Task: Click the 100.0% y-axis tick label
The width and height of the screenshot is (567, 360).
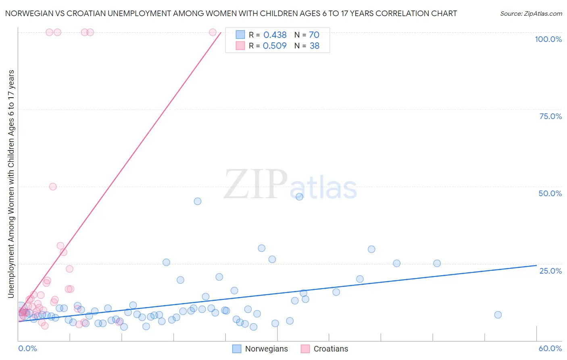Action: (x=548, y=39)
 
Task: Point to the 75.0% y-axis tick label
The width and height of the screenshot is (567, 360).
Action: (x=550, y=116)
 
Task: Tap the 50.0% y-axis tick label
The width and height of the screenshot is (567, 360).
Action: (x=550, y=193)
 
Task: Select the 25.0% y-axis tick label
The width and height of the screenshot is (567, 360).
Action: (x=550, y=270)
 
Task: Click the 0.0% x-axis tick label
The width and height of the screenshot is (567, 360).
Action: (x=27, y=348)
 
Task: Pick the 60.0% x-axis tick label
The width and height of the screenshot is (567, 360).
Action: (x=550, y=348)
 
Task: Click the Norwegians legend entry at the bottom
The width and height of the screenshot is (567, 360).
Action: (x=266, y=349)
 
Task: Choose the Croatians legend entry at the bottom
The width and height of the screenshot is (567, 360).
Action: (x=331, y=349)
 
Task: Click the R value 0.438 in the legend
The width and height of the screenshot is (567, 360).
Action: (x=275, y=35)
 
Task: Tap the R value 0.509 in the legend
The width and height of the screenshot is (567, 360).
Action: (x=275, y=46)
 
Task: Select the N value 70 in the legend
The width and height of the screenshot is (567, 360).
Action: (x=314, y=35)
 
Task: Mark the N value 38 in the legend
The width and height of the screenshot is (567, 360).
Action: (x=315, y=46)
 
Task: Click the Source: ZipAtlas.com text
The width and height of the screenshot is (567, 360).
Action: (x=531, y=14)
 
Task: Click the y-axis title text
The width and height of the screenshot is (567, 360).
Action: (x=11, y=184)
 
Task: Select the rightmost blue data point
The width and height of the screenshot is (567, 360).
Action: (x=498, y=315)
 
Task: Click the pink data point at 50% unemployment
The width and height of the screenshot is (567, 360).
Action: (x=53, y=186)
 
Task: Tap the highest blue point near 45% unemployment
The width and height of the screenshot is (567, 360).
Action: (x=299, y=197)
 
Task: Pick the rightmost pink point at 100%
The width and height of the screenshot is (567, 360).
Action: (x=213, y=32)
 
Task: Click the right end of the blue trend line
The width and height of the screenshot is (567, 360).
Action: (x=536, y=265)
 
